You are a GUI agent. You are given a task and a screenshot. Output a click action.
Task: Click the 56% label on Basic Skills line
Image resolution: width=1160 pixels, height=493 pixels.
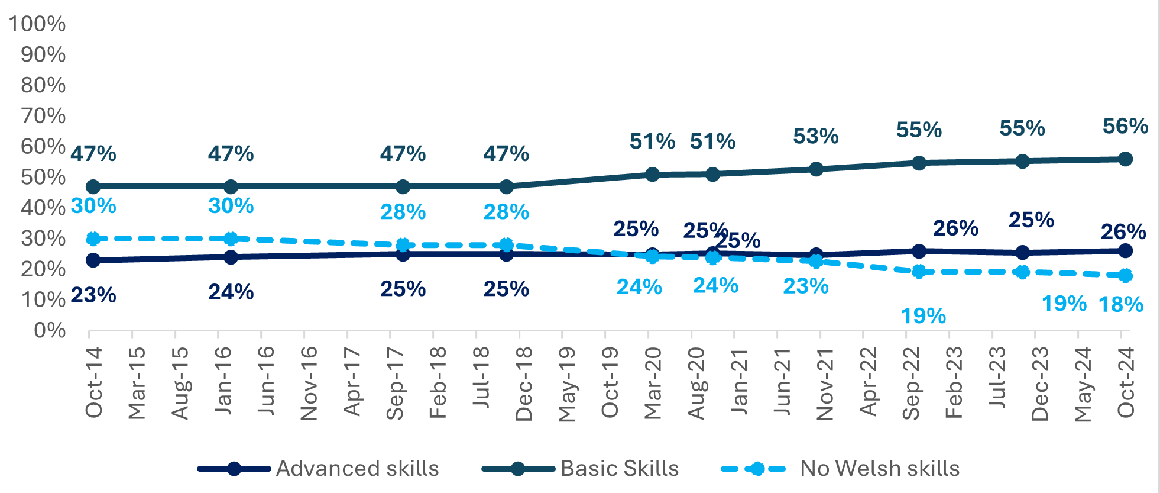click(1125, 126)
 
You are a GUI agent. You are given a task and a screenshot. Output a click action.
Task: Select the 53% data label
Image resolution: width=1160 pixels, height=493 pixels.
click(815, 136)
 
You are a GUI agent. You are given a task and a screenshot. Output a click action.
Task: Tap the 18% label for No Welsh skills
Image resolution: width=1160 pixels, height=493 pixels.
click(1120, 305)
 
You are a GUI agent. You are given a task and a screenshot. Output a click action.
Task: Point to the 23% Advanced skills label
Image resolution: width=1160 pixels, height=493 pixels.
click(93, 295)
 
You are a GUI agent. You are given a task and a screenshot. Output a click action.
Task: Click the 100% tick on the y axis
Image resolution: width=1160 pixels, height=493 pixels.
click(37, 24)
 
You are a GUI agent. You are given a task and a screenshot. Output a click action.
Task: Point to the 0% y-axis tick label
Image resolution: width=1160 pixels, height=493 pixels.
click(50, 330)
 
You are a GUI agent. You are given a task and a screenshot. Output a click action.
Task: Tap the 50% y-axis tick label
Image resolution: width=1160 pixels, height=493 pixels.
click(43, 177)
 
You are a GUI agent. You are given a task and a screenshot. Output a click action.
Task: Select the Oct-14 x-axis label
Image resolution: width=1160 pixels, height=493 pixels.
click(95, 383)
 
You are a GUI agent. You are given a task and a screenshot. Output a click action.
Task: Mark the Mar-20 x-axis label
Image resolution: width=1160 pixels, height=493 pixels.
click(653, 383)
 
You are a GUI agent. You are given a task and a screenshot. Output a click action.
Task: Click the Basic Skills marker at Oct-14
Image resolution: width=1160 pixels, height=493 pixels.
click(93, 186)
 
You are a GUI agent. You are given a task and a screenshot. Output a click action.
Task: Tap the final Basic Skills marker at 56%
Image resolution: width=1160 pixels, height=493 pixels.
click(1125, 159)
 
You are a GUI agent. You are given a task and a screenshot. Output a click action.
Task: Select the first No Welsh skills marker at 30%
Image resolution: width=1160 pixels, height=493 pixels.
click(93, 239)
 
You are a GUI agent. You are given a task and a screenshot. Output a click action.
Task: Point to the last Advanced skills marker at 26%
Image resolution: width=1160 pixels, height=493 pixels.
click(1125, 250)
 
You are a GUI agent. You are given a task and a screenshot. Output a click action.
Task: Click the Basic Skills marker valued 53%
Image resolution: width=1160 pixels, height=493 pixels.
click(816, 169)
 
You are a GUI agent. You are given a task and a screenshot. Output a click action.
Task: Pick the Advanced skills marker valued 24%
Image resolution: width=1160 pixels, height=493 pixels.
click(231, 257)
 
